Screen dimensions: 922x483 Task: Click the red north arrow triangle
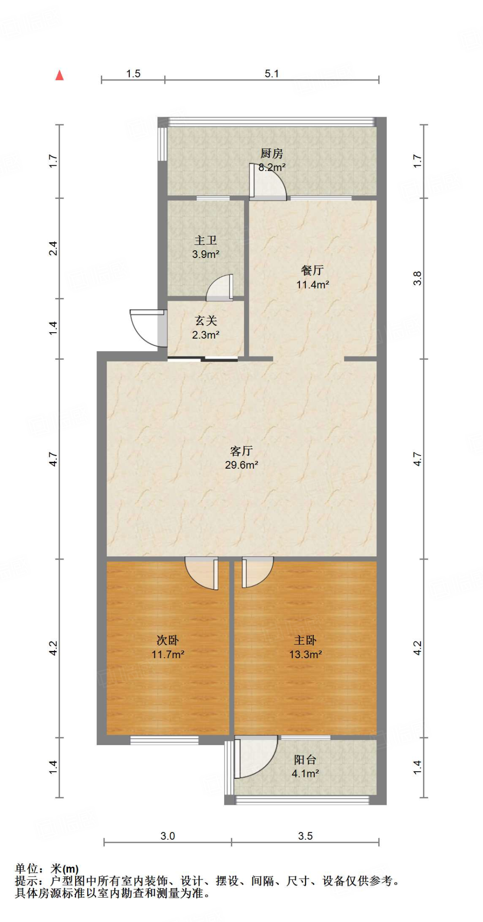pyautogui.click(x=59, y=76)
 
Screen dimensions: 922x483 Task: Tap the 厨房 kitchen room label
pyautogui.click(x=271, y=154)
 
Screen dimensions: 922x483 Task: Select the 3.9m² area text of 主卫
pyautogui.click(x=206, y=254)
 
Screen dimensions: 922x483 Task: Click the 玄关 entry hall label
pyautogui.click(x=206, y=321)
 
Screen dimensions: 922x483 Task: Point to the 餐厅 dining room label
pyautogui.click(x=312, y=270)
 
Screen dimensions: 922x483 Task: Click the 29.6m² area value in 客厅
pyautogui.click(x=242, y=465)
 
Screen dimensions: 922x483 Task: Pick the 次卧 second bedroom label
pyautogui.click(x=167, y=640)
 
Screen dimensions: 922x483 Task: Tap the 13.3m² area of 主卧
pyautogui.click(x=305, y=655)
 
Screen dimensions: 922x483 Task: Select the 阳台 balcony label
pyautogui.click(x=305, y=760)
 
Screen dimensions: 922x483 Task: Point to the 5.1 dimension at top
pyautogui.click(x=271, y=74)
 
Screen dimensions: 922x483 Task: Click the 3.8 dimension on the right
pyautogui.click(x=417, y=278)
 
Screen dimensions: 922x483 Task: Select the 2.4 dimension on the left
pyautogui.click(x=53, y=249)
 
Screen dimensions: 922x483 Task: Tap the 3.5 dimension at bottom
pyautogui.click(x=305, y=836)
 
